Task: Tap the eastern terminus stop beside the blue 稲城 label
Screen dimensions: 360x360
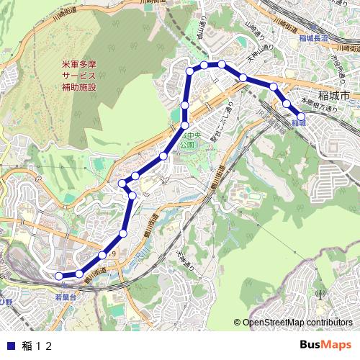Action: (302, 115)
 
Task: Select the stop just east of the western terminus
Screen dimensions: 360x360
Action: (78, 273)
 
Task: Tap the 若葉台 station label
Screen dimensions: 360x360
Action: (66, 296)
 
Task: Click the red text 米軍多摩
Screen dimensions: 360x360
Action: (78, 63)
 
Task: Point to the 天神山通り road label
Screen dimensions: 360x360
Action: (257, 54)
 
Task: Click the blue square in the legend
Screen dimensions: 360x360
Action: (10, 346)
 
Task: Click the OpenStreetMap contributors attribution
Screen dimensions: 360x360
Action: (293, 323)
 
